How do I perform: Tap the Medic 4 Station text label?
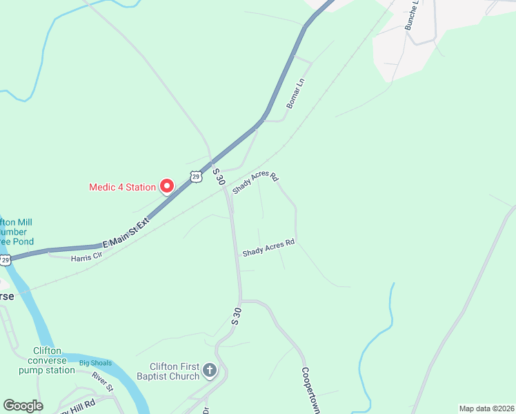click(x=122, y=187)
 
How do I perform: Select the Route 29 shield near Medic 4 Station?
click(x=197, y=177)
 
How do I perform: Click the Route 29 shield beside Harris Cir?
click(x=6, y=260)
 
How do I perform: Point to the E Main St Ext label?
click(x=126, y=233)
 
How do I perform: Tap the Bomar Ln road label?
click(x=295, y=93)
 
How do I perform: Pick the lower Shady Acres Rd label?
click(x=268, y=248)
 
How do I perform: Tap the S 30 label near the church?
click(x=237, y=315)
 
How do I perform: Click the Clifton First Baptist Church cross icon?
click(x=210, y=371)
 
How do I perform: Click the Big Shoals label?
click(x=95, y=363)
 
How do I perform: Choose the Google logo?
click(x=23, y=406)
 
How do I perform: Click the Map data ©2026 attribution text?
click(x=486, y=408)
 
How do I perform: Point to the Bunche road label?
click(x=413, y=13)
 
